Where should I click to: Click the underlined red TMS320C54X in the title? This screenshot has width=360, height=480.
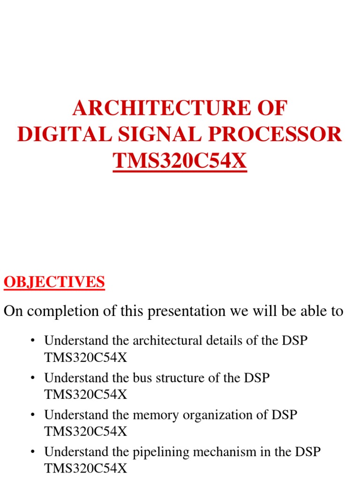coord(180,161)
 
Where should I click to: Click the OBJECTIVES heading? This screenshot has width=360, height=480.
coord(54,282)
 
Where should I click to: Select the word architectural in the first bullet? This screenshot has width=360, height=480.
coord(167,341)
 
